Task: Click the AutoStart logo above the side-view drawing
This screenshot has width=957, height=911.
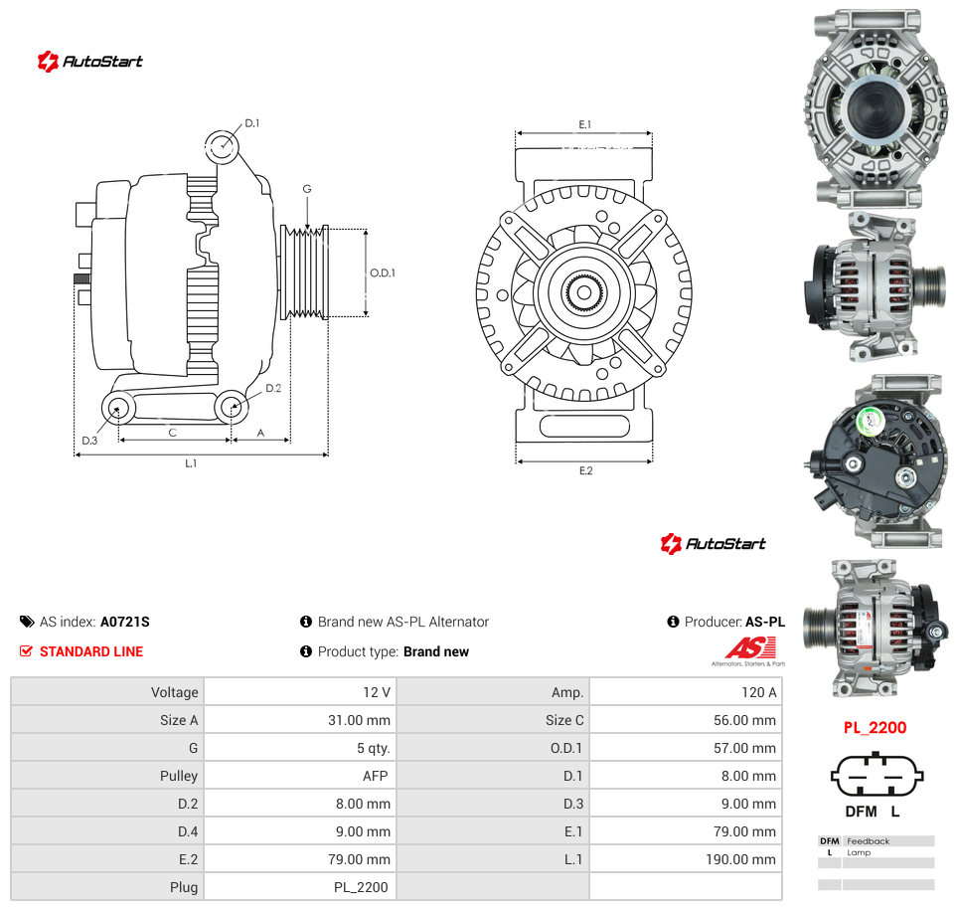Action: click(89, 61)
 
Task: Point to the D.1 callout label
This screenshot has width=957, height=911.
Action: click(252, 123)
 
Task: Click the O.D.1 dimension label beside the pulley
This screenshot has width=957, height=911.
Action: click(383, 273)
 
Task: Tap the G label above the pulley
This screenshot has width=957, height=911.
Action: click(307, 189)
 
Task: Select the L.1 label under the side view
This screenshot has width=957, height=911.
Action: click(191, 463)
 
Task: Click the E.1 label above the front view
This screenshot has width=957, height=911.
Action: click(585, 124)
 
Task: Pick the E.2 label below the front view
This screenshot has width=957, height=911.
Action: click(586, 470)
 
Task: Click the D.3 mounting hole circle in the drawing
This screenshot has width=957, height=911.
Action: click(118, 408)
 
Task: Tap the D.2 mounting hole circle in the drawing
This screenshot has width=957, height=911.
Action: click(232, 407)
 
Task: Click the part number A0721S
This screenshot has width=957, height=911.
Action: click(125, 622)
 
